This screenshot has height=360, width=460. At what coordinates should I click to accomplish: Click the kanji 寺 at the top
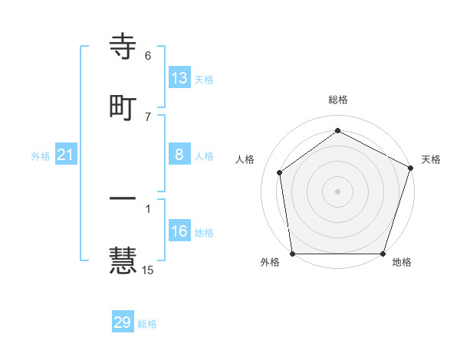click(123, 48)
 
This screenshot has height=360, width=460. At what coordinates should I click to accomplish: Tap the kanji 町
click(123, 108)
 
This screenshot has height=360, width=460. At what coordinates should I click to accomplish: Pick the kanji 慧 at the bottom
click(123, 259)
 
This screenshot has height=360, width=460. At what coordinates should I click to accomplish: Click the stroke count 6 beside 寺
click(148, 56)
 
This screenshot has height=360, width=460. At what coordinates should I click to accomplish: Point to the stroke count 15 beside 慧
click(148, 270)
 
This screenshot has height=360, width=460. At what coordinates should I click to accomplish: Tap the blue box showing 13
click(179, 78)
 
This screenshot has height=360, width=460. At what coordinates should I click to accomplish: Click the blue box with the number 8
click(179, 155)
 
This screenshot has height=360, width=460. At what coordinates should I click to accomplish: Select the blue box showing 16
click(179, 231)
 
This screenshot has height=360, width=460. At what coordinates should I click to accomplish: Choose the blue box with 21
click(66, 155)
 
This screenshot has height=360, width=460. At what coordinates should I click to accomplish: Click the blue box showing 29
click(123, 322)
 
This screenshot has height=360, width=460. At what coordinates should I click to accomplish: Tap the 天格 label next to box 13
click(204, 80)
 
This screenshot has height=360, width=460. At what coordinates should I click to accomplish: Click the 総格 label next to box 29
click(147, 324)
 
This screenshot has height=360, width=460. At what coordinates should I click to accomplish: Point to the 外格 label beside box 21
click(41, 156)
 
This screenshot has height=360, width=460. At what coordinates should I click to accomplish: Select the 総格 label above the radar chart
click(338, 100)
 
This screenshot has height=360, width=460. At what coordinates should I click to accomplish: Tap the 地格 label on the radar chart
click(402, 262)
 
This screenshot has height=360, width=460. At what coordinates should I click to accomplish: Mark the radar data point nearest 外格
click(292, 254)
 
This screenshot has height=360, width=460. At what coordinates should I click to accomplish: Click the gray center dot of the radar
click(337, 191)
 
